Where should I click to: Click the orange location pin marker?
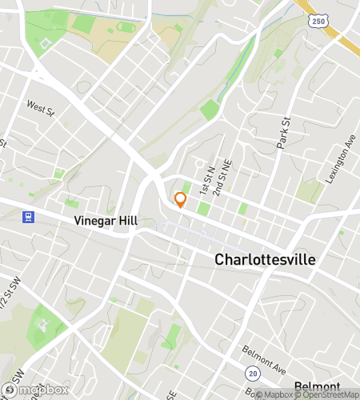tap(180, 199)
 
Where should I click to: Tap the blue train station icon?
tap(29, 217)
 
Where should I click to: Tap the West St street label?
tap(39, 106)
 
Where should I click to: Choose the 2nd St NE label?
tap(226, 175)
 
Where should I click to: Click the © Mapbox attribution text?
tap(270, 394)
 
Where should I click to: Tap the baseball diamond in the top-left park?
tap(46, 42)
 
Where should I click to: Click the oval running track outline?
tap(126, 27)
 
